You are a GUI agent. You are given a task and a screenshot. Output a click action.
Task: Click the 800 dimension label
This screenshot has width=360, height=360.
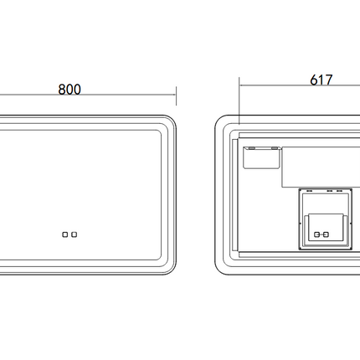click(x=69, y=90)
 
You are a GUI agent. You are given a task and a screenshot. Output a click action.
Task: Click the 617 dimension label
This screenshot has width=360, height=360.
click(x=321, y=80)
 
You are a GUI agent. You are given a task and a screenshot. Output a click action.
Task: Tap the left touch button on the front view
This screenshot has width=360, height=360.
click(x=64, y=234)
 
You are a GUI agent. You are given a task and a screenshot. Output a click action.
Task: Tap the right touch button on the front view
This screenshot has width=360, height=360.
click(x=74, y=234)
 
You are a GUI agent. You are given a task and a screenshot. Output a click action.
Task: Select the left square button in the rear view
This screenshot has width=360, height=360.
click(x=316, y=234)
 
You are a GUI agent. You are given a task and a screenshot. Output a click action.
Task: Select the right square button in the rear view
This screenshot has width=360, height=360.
click(x=326, y=234)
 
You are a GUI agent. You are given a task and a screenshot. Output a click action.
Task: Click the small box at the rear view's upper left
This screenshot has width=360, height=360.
click(x=261, y=157)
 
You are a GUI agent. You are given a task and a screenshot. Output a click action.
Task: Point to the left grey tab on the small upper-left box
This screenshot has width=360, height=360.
click(x=252, y=148)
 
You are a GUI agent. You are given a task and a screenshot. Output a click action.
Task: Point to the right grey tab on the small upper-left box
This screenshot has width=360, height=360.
click(x=275, y=148)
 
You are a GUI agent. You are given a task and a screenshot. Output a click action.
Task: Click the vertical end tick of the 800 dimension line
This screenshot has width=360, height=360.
click(x=176, y=96)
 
